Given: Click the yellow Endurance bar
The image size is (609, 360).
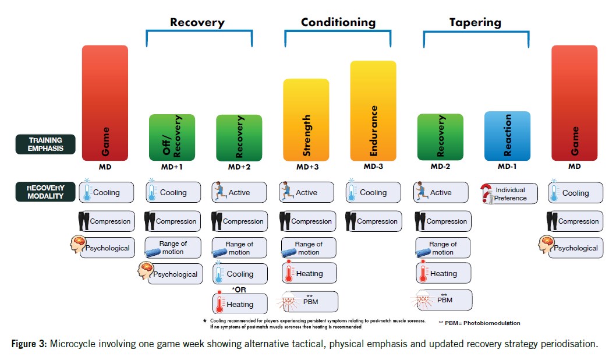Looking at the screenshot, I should (373, 111).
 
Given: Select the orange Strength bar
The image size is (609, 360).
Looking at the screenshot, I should (306, 119).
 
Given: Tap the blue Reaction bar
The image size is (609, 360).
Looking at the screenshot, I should (507, 136).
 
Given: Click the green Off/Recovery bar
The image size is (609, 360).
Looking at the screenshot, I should (172, 137).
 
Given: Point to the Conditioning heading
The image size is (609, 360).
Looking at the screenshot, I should (338, 23).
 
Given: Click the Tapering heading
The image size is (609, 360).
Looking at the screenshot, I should (475, 23).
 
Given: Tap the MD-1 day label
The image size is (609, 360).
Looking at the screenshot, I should (507, 167).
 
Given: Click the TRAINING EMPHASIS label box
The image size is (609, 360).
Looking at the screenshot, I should (46, 144).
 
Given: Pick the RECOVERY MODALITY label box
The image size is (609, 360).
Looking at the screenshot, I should (46, 192).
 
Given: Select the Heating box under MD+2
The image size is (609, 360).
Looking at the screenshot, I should (240, 304).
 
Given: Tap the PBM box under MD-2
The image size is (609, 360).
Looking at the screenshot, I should (444, 300).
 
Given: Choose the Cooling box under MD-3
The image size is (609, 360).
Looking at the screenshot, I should (373, 193).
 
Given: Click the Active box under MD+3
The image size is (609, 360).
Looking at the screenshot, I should (306, 193).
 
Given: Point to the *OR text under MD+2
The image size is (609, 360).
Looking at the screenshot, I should (240, 289).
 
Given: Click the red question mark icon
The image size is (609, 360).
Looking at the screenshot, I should (486, 194).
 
